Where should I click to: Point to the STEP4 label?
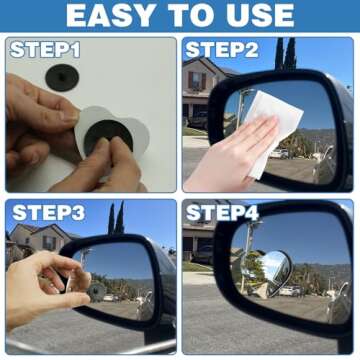coord(221,213)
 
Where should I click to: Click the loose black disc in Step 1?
coord(61,76)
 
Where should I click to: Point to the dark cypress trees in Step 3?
coord(115,220)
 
